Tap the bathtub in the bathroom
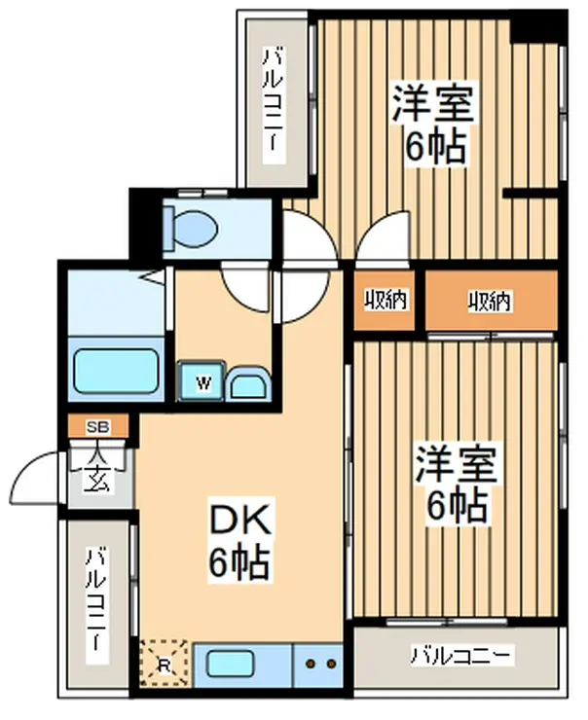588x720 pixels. (x=117, y=371)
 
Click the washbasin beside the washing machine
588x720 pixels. (x=247, y=383)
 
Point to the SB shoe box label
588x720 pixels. (x=98, y=427)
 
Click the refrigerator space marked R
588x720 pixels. (x=164, y=664)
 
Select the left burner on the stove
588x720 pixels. (x=311, y=664)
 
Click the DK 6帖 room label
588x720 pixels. (x=240, y=540)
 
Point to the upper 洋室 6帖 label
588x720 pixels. (x=432, y=122)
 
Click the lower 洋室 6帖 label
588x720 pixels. (x=457, y=486)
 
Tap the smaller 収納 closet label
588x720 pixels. (x=386, y=301)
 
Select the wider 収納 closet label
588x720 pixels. (x=490, y=302)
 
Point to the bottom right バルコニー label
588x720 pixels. (x=460, y=656)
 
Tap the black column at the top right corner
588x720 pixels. (x=538, y=27)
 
